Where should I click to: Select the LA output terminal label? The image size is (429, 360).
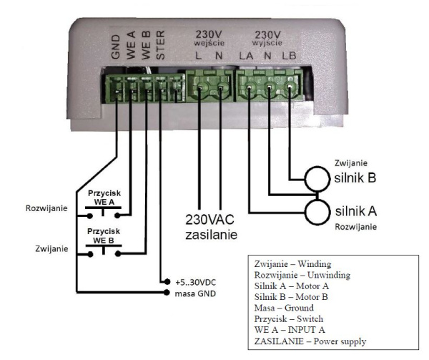(x=247, y=54)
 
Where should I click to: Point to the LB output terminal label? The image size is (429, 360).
(x=290, y=54)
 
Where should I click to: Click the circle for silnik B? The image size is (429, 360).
(x=318, y=180)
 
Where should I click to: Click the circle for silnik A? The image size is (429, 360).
(x=318, y=212)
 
